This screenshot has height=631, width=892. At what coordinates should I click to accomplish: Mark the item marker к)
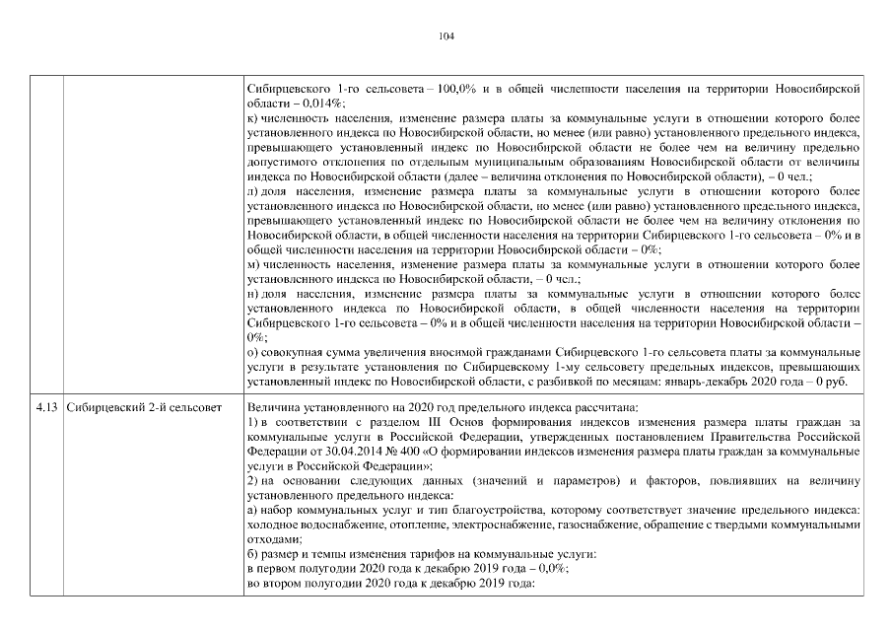click(x=252, y=117)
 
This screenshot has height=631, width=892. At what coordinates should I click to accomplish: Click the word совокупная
click(x=294, y=352)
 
